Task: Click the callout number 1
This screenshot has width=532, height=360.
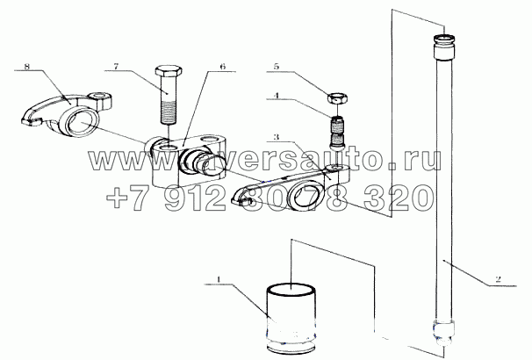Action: click(x=219, y=279)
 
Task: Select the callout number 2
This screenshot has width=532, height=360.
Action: click(x=498, y=279)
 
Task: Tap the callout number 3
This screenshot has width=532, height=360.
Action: click(x=277, y=138)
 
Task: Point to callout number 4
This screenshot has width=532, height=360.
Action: click(x=277, y=96)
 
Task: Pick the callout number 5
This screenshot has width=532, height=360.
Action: click(x=277, y=67)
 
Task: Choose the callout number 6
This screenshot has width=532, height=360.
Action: click(x=222, y=67)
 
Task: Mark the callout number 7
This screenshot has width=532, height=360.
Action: click(x=116, y=67)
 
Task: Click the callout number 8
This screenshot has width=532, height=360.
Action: click(x=27, y=67)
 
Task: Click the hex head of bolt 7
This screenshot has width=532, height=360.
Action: click(x=169, y=71)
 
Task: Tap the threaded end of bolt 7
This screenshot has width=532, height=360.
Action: click(x=169, y=113)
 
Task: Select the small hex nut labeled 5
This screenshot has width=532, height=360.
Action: click(x=337, y=99)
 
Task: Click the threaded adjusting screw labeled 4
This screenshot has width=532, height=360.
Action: click(x=337, y=132)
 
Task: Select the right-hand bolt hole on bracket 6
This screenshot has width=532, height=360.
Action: click(x=209, y=140)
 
